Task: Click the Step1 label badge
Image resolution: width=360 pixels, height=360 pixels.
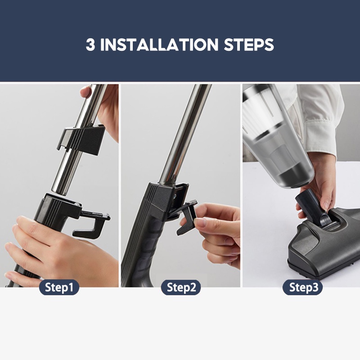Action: coord(59,287)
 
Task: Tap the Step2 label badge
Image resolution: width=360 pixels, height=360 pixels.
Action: coord(181,287)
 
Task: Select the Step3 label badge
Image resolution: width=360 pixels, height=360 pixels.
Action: coord(302,287)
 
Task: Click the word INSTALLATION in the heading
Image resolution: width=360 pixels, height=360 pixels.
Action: coord(159,45)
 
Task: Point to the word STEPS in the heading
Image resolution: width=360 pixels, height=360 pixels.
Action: coord(249,45)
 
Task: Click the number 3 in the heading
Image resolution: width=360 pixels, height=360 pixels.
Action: coord(90,45)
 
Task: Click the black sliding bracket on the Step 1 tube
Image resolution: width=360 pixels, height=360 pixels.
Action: coord(81,139)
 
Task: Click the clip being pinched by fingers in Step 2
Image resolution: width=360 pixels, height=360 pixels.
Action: coord(186,217)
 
